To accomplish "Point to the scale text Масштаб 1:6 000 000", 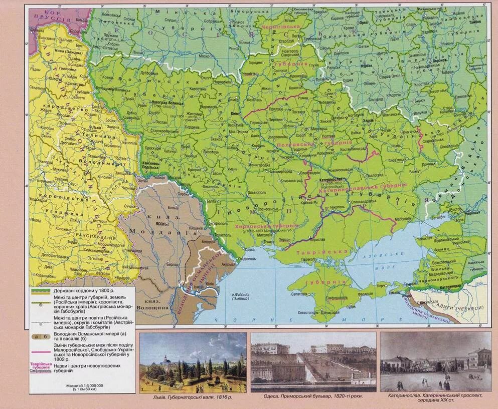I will point(84,385).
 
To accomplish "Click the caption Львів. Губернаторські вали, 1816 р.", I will point(193,397).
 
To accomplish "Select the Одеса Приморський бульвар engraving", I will point(313,361).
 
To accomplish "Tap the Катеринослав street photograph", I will point(435,361).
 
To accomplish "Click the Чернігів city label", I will point(248,73).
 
